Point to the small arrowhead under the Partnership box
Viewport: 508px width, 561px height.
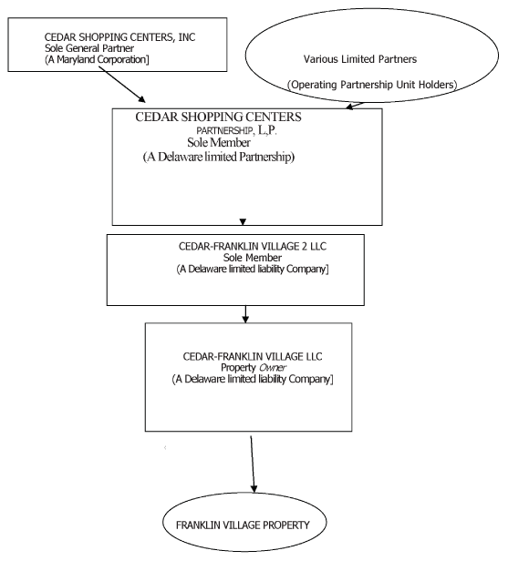click(241, 221)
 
